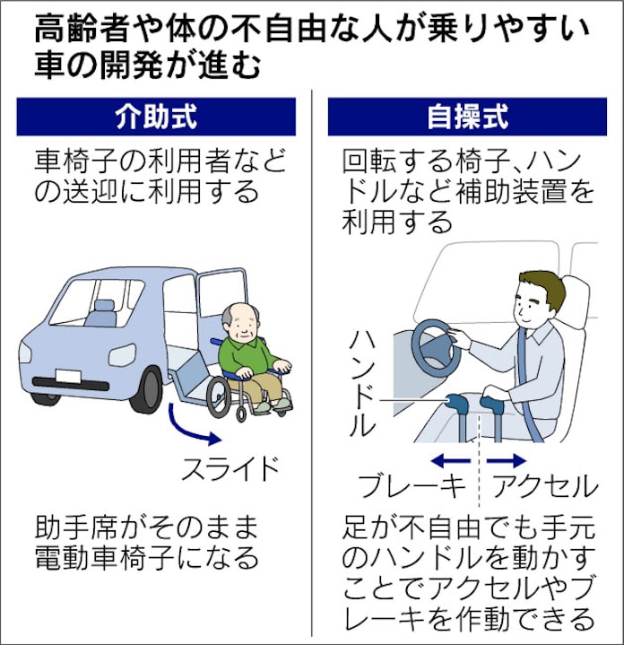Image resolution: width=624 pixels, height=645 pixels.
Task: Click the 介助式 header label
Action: [x=156, y=117]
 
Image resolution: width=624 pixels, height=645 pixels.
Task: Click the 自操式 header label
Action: [x=467, y=117]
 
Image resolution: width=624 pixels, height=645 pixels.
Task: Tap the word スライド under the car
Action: [x=230, y=468]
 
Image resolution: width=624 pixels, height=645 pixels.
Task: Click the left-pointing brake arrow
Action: [x=451, y=461]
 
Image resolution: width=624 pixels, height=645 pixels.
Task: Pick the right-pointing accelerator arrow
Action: [x=507, y=461]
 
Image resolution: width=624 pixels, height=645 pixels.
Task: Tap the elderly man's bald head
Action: [x=241, y=317]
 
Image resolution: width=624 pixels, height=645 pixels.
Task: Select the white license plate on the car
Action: [x=68, y=376]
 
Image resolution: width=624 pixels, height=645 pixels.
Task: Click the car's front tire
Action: [x=150, y=389]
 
